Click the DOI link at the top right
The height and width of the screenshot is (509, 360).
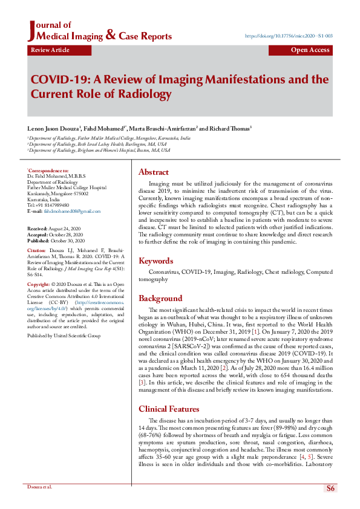tap(289, 36)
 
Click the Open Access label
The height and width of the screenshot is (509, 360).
tap(310, 50)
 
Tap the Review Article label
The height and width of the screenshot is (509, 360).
tap(50, 50)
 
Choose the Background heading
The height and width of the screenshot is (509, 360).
tap(160, 298)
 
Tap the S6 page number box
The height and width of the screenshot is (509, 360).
tap(330, 488)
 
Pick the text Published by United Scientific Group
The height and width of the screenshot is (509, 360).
tap(64, 334)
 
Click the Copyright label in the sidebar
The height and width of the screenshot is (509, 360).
tap(38, 284)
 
